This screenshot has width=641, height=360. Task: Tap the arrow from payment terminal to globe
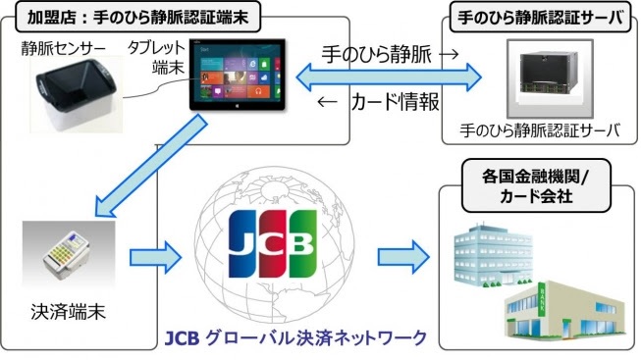[156, 258]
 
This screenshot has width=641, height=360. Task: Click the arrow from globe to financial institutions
[402, 258]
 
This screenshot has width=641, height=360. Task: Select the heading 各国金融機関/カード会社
[534, 187]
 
